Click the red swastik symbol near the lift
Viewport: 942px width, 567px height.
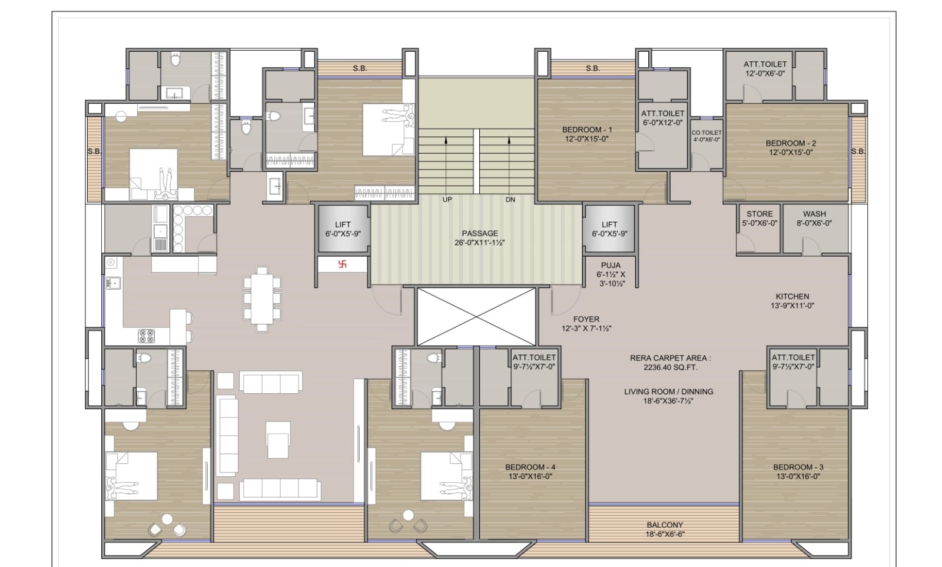pos(342,264)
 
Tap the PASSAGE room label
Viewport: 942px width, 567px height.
pos(480,233)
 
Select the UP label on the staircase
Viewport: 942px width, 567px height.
pos(447,200)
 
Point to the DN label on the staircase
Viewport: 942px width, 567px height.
pos(510,200)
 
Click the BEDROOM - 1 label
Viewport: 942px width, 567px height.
pos(587,130)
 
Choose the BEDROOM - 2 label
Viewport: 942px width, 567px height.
pos(791,143)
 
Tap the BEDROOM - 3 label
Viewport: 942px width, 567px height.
pos(798,467)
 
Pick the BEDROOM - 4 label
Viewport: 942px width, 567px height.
pos(530,467)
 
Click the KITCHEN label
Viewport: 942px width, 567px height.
pos(792,297)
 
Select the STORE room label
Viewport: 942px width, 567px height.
pos(759,214)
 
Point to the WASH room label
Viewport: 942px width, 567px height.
pos(814,214)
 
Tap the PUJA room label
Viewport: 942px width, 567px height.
pos(611,266)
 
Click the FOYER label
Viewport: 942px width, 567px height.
pos(586,319)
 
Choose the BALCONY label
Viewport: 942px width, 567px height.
pos(665,525)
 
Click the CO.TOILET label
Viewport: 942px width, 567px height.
pos(706,132)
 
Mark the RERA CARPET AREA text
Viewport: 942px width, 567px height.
pos(671,358)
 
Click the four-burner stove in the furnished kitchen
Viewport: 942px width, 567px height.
pos(147,336)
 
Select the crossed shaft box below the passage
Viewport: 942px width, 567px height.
pos(476,317)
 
